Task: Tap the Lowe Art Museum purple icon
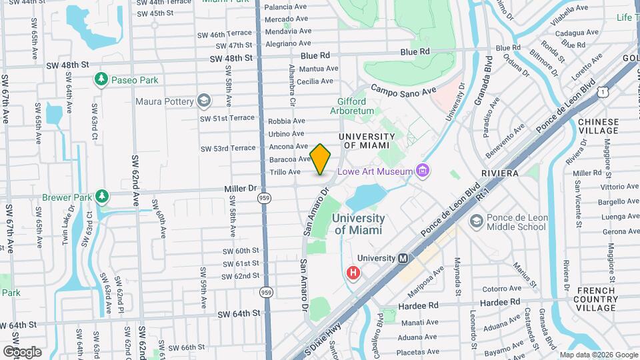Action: coord(422,171)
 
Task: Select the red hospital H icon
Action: coord(354,272)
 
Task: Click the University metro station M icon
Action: coord(403,258)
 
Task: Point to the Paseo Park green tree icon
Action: coord(101,80)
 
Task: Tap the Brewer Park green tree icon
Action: coord(101,197)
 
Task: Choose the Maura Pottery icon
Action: coord(204,101)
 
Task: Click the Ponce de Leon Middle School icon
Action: coord(477,221)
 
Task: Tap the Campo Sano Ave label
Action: coord(403,89)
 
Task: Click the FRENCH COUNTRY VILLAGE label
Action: coord(596,299)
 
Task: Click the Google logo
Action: coord(22,351)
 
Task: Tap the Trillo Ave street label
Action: coord(285,172)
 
